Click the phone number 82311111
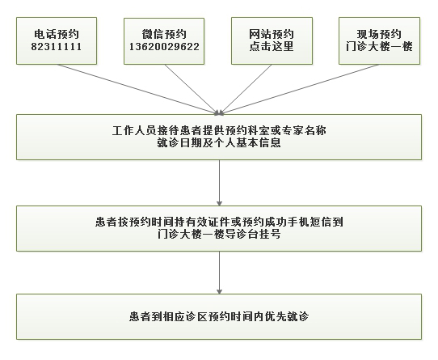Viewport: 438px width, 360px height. point(57,46)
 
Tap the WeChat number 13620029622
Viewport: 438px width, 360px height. point(164,46)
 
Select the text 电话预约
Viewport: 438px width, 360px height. point(57,34)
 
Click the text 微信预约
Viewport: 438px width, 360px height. point(164,34)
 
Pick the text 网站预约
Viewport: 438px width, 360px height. point(272,34)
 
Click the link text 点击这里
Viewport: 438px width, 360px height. point(272,46)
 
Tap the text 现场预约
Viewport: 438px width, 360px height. point(379,34)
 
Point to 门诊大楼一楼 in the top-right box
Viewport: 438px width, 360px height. point(379,46)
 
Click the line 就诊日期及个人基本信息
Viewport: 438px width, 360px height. point(219,142)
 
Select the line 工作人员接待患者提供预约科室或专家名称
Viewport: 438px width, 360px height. point(219,130)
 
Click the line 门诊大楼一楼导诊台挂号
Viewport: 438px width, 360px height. point(219,234)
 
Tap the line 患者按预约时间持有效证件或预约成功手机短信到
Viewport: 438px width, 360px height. point(219,222)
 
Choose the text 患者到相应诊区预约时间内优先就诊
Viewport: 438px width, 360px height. point(219,316)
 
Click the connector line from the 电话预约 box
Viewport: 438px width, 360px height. point(137,89)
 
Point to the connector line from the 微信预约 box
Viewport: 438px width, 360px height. point(192,89)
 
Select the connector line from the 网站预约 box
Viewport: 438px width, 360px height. point(246,89)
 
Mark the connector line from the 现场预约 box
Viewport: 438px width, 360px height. point(300,89)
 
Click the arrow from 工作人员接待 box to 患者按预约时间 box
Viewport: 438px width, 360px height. point(219,183)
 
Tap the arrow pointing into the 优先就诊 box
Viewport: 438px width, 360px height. point(219,273)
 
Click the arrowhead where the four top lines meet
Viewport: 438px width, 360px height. point(219,112)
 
